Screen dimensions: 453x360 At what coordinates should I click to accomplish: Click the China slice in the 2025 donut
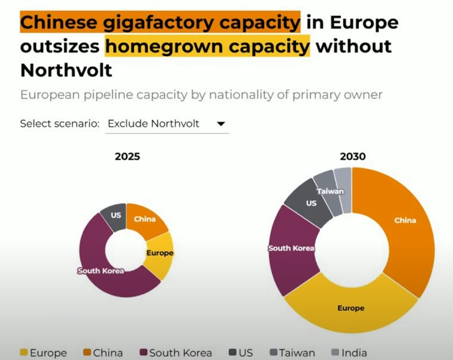point(145,220)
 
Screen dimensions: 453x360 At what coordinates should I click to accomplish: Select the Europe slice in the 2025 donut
point(160,254)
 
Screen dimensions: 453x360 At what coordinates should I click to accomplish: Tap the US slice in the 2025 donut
point(115,216)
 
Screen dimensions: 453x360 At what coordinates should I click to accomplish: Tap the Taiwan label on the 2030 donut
point(330,192)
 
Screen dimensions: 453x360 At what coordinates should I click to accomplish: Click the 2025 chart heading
point(127,156)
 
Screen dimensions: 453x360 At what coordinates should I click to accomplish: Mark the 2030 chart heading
point(353,156)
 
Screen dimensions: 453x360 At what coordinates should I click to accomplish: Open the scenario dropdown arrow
point(221,124)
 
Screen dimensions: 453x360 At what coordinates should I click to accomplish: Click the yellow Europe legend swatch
point(24,352)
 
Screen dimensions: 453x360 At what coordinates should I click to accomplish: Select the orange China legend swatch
point(87,352)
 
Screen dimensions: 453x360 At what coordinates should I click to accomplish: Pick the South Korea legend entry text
point(180,353)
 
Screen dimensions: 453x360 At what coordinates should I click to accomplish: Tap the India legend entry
point(349,353)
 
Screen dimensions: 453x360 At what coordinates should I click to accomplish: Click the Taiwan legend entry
point(292,353)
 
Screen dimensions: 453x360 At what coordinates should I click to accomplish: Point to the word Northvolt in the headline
point(66,70)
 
